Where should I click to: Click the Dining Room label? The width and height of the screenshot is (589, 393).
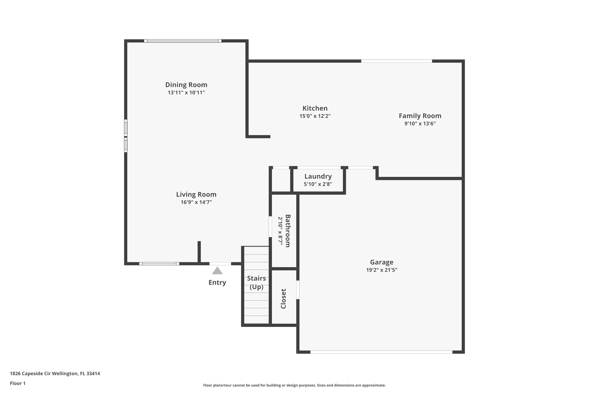[186, 85]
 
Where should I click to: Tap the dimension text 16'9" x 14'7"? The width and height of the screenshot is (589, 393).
[196, 202]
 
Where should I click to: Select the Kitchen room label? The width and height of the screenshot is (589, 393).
[315, 108]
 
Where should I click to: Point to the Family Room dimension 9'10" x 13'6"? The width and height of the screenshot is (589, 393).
[420, 124]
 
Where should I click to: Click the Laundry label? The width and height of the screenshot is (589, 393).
[318, 176]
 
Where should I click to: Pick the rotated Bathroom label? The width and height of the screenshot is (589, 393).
[288, 231]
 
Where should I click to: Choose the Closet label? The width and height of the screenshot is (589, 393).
[283, 299]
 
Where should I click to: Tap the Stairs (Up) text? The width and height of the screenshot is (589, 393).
[256, 282]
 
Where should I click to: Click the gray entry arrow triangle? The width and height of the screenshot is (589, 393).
[217, 271]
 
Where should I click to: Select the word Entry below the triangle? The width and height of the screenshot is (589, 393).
[217, 282]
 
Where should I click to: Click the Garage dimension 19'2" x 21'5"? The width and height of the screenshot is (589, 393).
[381, 270]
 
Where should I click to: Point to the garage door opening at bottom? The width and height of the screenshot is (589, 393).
[381, 352]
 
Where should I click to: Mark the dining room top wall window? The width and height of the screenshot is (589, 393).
[183, 41]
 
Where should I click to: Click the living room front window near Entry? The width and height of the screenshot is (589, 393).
[159, 264]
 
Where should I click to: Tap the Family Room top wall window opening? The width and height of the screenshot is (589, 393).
[396, 61]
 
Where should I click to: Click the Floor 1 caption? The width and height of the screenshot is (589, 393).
[18, 383]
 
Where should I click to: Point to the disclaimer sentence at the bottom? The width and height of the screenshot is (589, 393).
[294, 385]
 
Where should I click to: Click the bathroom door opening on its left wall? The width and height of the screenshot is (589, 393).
[270, 227]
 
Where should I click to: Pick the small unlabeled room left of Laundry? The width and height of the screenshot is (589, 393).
[281, 180]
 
